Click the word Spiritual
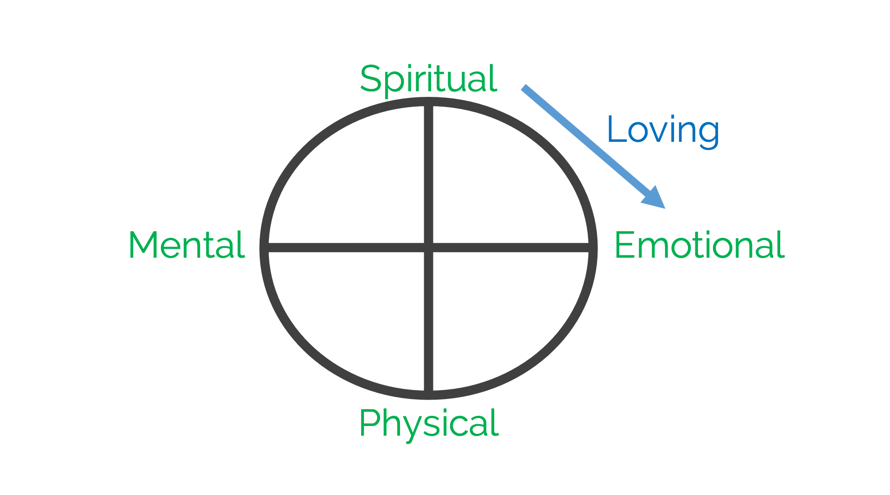click(428, 79)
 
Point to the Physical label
click(428, 423)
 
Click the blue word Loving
click(663, 130)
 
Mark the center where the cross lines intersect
click(429, 247)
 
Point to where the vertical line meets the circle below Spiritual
click(429, 102)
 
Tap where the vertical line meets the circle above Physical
click(429, 394)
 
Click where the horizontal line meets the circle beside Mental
click(265, 247)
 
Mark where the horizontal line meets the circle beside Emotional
click(592, 247)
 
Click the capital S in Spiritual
click(370, 79)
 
